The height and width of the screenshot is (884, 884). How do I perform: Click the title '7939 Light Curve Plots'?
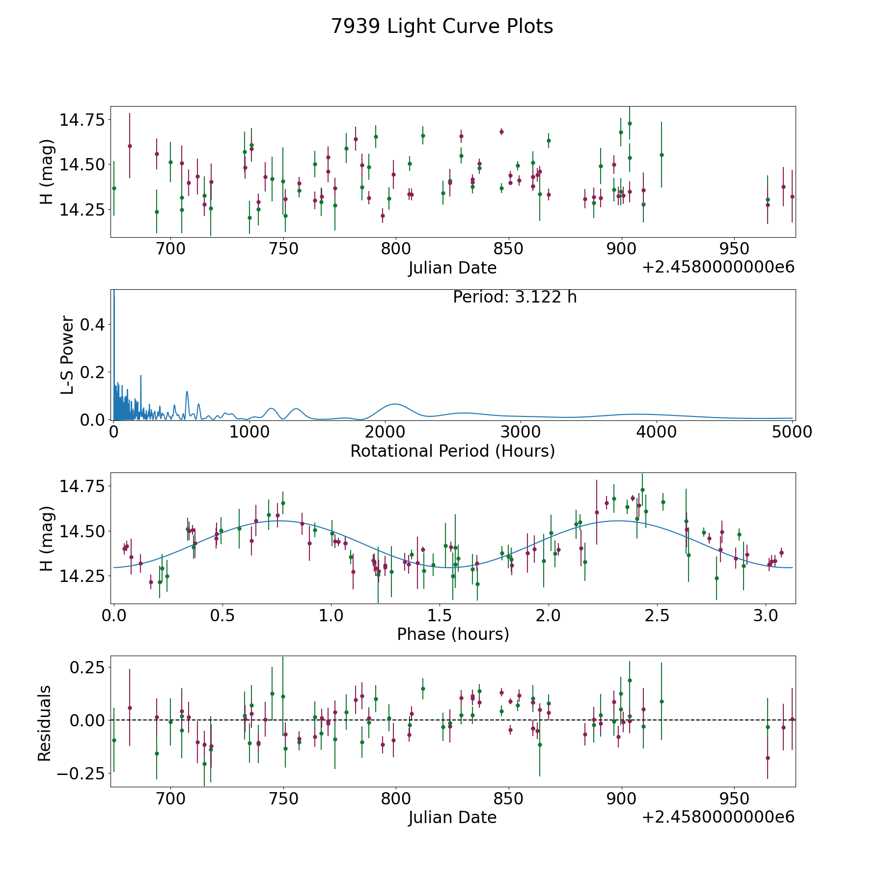(x=442, y=27)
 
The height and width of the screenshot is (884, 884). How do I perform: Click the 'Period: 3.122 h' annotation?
(x=515, y=297)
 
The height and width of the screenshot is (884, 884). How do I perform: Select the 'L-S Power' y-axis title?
(x=68, y=355)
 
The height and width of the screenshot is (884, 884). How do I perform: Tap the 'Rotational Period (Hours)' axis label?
(x=453, y=451)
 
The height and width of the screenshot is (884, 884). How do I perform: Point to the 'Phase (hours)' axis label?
(x=453, y=634)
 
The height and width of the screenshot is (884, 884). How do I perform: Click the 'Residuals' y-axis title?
(x=45, y=723)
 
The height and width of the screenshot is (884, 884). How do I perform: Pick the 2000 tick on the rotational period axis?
(x=385, y=432)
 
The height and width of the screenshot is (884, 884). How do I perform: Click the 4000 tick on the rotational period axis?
(x=657, y=432)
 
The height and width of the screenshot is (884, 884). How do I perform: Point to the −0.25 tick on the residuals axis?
(x=81, y=773)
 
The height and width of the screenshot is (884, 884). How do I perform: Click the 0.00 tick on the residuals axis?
(x=87, y=720)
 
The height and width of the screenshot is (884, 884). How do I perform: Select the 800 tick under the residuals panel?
(x=396, y=799)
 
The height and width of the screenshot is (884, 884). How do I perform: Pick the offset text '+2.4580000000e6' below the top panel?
(x=718, y=268)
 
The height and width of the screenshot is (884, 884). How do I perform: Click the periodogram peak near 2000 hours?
(x=395, y=404)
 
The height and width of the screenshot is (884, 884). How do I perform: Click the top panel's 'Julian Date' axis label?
(x=453, y=268)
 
